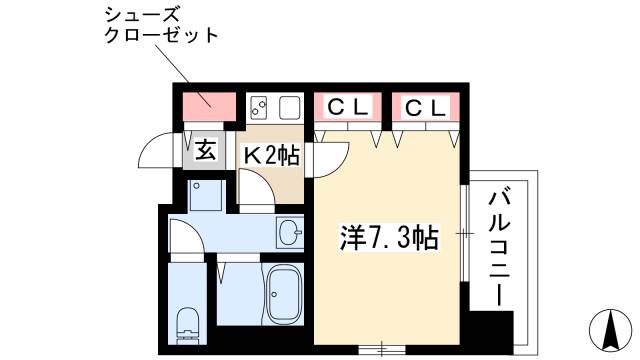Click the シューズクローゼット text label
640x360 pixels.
pyautogui.click(x=161, y=26)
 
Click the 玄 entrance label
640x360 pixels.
pyautogui.click(x=205, y=151)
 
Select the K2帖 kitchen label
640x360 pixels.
pyautogui.click(x=271, y=156)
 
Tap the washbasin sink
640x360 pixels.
pyautogui.click(x=290, y=234)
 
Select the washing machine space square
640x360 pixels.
pyautogui.click(x=208, y=194)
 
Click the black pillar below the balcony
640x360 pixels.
pyautogui.click(x=492, y=330)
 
